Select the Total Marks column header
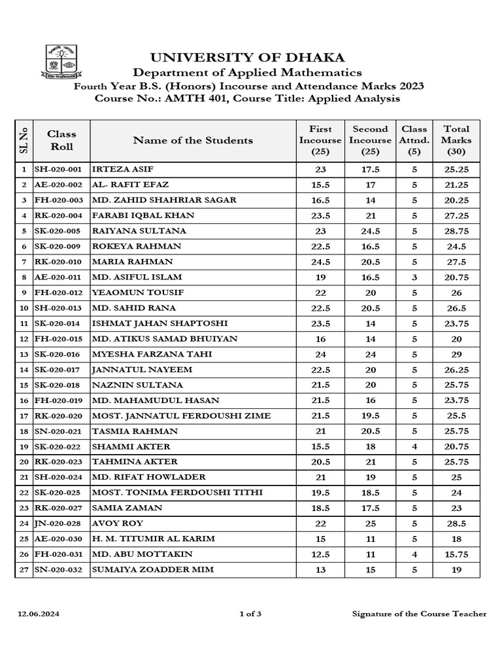pyautogui.click(x=456, y=140)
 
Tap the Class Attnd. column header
pyautogui.click(x=414, y=140)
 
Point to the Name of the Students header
pyautogui.click(x=193, y=140)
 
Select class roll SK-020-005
pyautogui.click(x=58, y=231)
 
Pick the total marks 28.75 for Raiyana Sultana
pyautogui.click(x=456, y=231)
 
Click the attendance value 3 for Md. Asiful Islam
pyautogui.click(x=414, y=277)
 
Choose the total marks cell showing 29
pyautogui.click(x=456, y=355)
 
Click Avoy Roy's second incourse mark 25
pyautogui.click(x=370, y=523)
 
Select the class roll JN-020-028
pyautogui.click(x=58, y=523)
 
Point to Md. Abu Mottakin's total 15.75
pyautogui.click(x=456, y=554)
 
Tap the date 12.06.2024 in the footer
pyautogui.click(x=33, y=614)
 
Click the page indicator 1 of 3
pyautogui.click(x=251, y=614)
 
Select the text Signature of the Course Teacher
pyautogui.click(x=419, y=614)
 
